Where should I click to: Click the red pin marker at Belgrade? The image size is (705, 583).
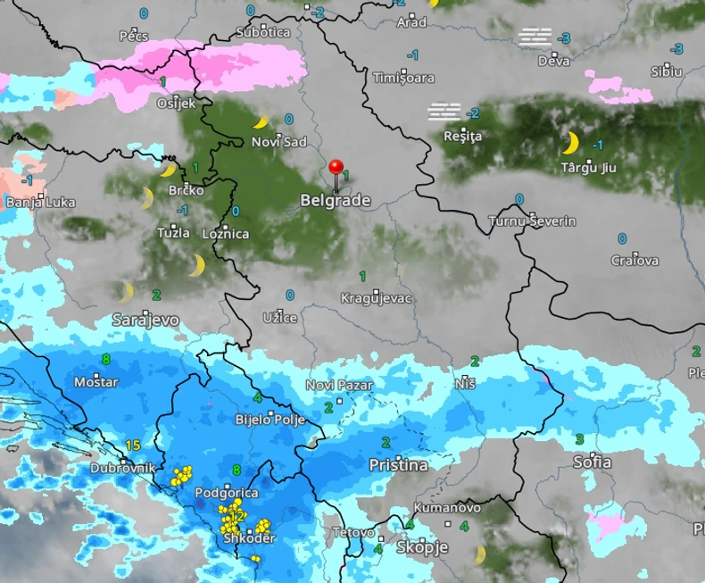(336, 168)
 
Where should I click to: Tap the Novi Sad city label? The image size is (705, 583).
(278, 142)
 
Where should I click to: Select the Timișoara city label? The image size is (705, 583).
(403, 78)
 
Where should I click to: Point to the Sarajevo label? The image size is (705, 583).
(146, 319)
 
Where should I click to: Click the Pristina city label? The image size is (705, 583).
(398, 465)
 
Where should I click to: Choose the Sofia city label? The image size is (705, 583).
(593, 462)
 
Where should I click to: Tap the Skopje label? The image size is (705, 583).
(422, 547)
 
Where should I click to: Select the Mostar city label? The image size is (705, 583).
(95, 381)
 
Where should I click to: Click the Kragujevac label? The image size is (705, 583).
(377, 297)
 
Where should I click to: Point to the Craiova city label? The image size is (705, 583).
(634, 261)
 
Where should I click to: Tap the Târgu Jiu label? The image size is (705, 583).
(588, 167)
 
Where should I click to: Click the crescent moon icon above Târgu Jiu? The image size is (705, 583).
(570, 142)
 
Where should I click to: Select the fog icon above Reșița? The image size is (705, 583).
(444, 112)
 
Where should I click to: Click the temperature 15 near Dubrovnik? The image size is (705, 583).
(134, 446)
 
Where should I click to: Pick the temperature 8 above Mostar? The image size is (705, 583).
(106, 360)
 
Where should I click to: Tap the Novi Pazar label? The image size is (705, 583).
(338, 385)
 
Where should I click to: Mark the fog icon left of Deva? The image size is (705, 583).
(535, 37)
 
